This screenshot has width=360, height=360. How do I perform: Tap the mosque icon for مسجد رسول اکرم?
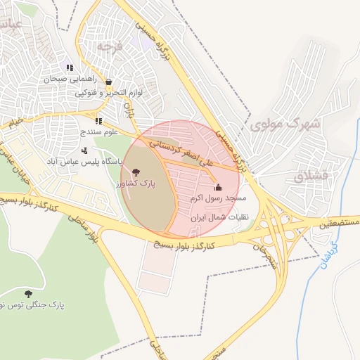[x=218, y=188]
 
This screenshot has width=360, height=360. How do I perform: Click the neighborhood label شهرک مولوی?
[x=284, y=125]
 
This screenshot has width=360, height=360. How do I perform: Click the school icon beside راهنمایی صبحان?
[x=70, y=67]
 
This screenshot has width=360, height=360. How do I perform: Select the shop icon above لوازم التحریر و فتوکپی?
[x=108, y=82]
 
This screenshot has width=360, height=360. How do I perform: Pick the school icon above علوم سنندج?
[x=98, y=121]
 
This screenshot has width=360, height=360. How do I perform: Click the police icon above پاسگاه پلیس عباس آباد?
[x=85, y=150]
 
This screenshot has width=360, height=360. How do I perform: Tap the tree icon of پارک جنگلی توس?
[x=28, y=294]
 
